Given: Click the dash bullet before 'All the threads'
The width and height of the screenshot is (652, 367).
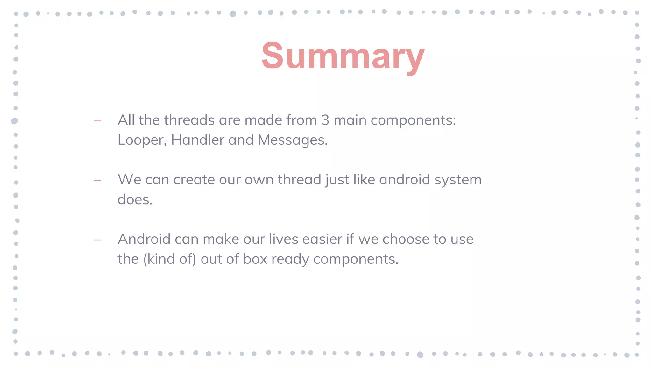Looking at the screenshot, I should (97, 121).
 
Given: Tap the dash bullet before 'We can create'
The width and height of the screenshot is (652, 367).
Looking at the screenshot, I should (97, 180).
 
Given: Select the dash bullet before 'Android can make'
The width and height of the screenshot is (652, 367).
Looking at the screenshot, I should (97, 240).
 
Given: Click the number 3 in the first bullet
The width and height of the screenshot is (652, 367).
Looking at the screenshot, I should (325, 120).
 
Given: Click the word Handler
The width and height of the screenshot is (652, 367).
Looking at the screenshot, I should (197, 140).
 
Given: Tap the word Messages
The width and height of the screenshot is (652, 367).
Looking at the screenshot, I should (293, 140).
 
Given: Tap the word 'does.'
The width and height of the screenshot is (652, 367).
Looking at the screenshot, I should (135, 200).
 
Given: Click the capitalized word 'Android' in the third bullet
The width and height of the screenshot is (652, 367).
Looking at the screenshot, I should (144, 239).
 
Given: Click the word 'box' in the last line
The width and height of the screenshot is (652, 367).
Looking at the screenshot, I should (255, 259).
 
